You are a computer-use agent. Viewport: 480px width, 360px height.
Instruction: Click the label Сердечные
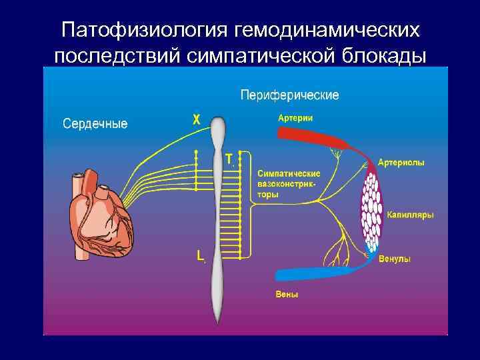point(95,123)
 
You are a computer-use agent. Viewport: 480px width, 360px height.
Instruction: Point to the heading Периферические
point(289,95)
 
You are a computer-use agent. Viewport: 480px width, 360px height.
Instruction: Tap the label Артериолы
point(401,162)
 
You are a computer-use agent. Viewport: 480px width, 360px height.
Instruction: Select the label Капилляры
point(411,215)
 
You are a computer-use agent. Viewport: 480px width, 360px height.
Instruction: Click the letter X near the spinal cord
point(196,120)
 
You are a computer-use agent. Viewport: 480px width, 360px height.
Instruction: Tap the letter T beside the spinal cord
point(229,159)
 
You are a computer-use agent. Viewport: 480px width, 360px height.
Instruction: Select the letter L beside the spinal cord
point(199,255)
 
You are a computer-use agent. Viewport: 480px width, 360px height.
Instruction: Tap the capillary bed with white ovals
point(371,210)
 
